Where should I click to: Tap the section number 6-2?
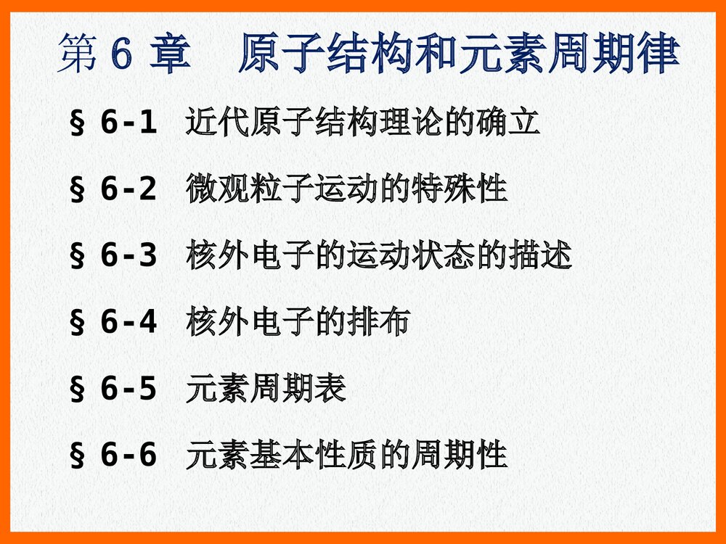pos(129,190)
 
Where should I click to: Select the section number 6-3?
pos(129,257)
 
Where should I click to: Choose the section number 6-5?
pos(129,390)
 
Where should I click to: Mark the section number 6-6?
pos(129,456)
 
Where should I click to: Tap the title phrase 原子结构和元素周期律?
pos(458,55)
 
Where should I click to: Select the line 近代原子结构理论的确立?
pos(362,123)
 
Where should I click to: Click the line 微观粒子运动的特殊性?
pos(346,189)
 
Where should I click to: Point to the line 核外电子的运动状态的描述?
pos(378,256)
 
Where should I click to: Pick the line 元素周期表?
pos(265,390)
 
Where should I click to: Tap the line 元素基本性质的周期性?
pos(346,456)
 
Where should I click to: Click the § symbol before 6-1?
pos(76,125)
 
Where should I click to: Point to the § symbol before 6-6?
pos(76,457)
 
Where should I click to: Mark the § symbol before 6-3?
pos(76,257)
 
